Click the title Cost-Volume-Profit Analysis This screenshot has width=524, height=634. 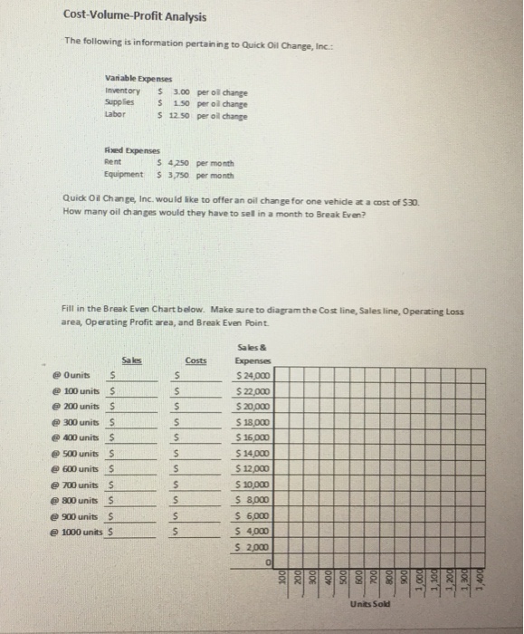(135, 16)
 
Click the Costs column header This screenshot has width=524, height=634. (195, 360)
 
